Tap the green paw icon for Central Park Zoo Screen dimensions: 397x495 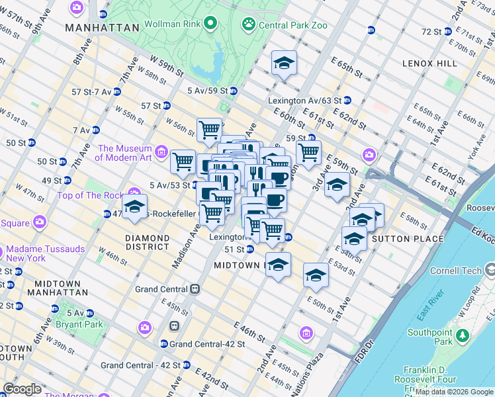click(249, 25)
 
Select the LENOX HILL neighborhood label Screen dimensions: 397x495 click(429, 64)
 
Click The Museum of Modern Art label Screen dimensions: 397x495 click(125, 153)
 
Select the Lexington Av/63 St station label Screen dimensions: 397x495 click(304, 101)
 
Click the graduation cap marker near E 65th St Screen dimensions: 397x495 click(284, 64)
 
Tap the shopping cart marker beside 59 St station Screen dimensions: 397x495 click(308, 152)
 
